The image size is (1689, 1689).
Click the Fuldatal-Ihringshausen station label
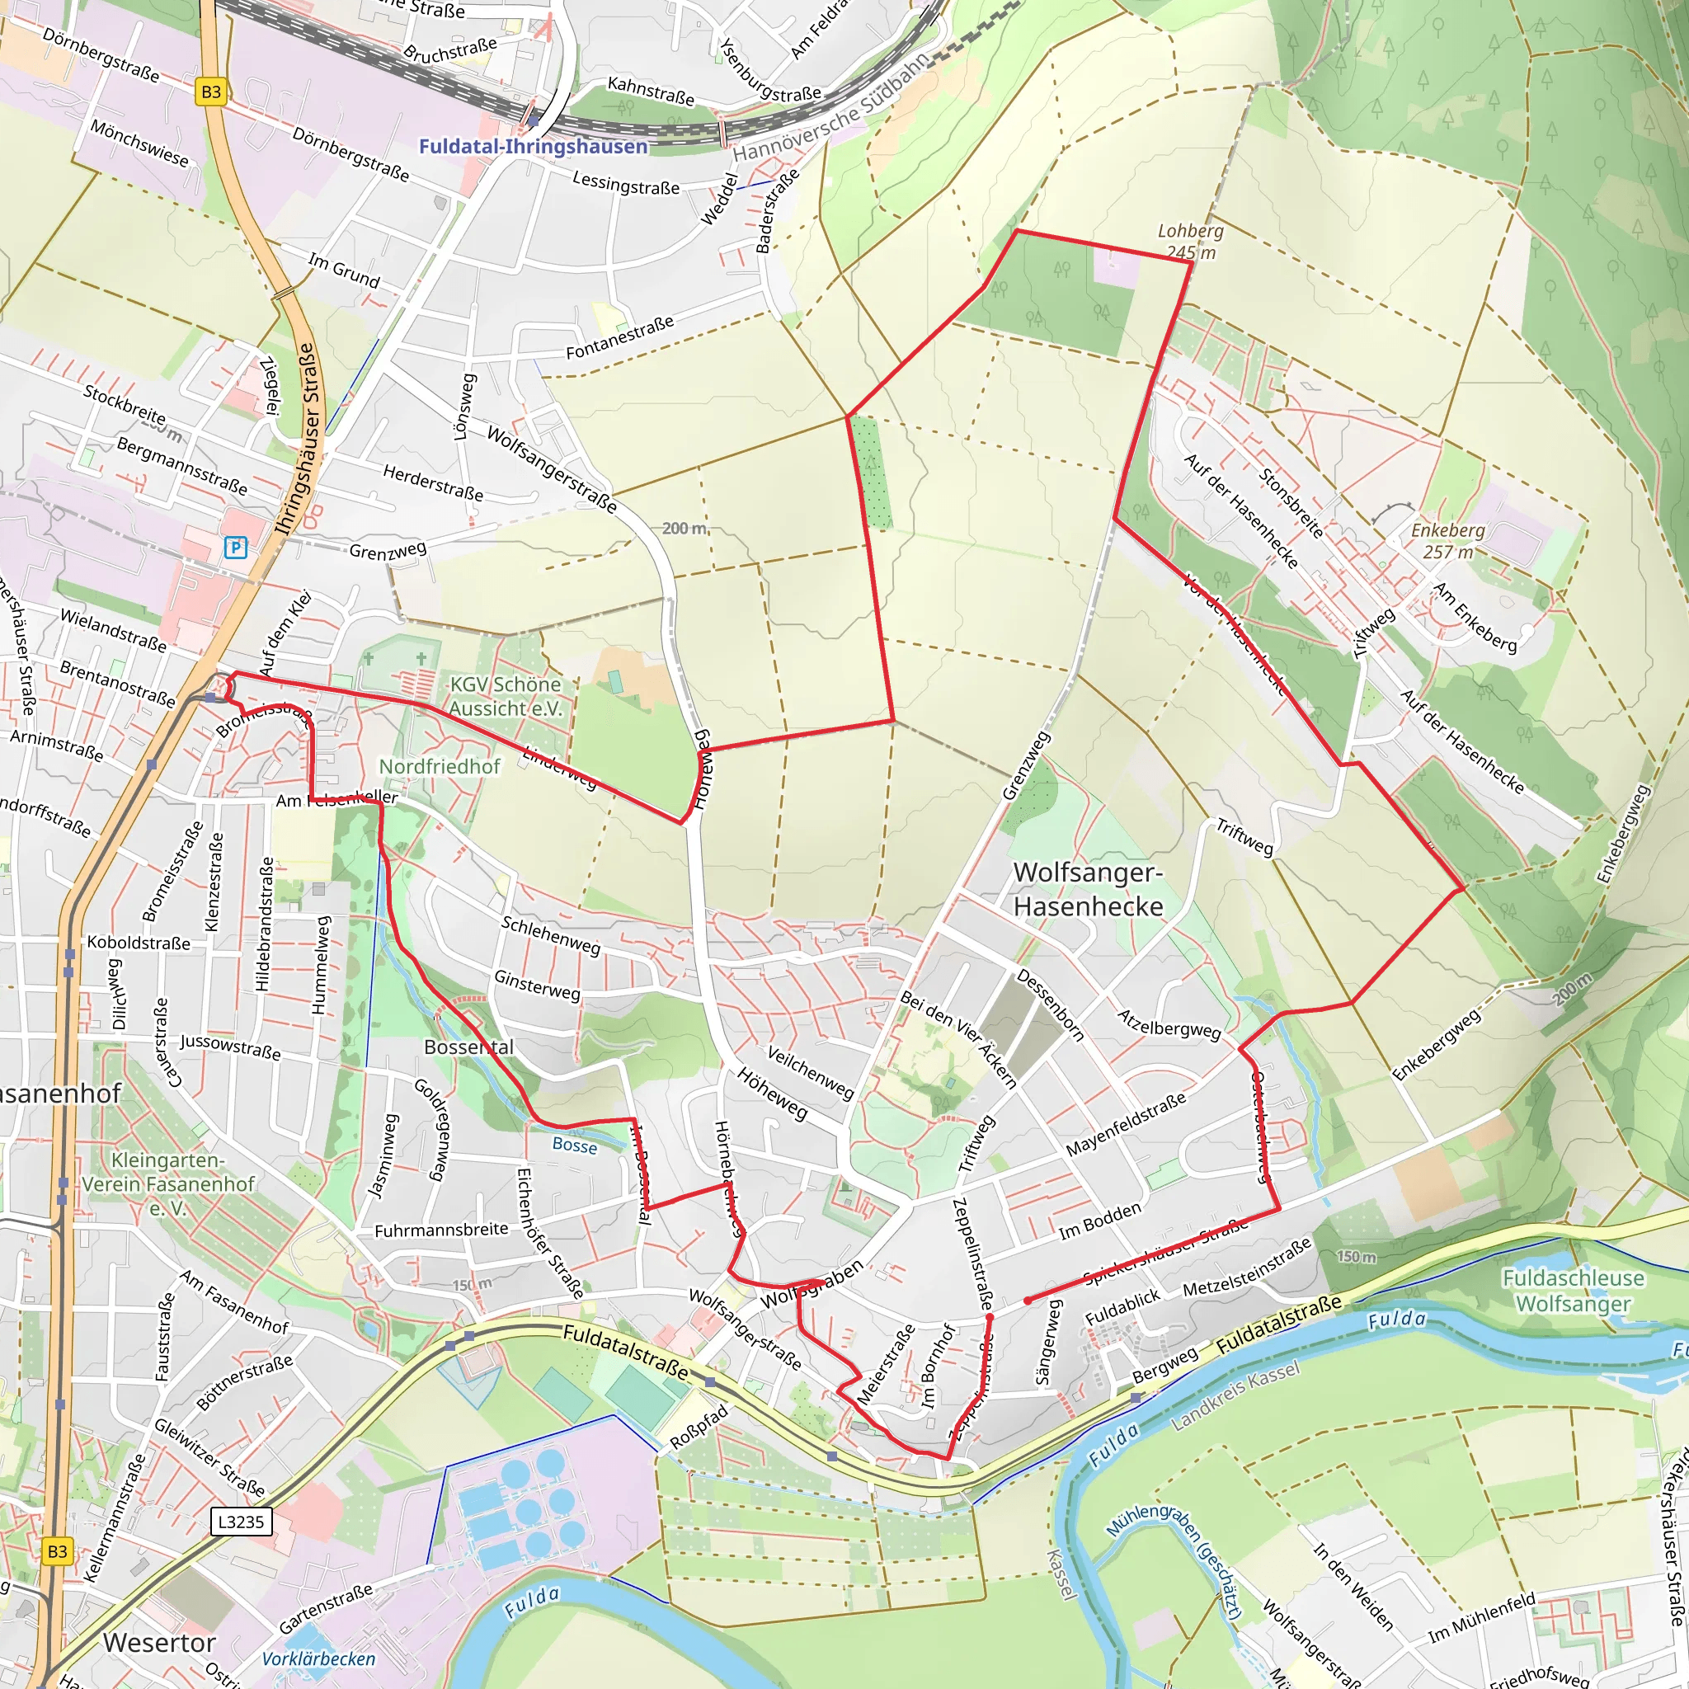pos(534,146)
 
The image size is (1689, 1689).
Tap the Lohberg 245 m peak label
pos(1190,242)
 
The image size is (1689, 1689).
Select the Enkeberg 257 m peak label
pos(1447,541)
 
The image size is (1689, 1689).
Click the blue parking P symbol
pos(236,548)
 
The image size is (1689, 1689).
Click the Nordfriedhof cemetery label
pos(439,766)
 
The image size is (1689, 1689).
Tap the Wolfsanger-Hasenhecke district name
pos(1088,889)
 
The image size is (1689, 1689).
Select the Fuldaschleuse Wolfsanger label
pos(1573,1291)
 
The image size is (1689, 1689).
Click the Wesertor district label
pos(158,1643)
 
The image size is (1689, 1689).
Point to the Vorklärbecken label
pos(318,1658)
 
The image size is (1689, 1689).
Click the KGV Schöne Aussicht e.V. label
pos(506,696)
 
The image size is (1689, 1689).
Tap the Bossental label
pos(468,1047)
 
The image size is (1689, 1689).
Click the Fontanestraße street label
pos(620,337)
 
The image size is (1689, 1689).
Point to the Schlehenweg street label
pos(550,935)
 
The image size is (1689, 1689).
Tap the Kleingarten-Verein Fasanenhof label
pos(168,1183)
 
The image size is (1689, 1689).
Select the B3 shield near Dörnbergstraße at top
pos(210,92)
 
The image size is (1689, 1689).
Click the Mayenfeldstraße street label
pos(1125,1124)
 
